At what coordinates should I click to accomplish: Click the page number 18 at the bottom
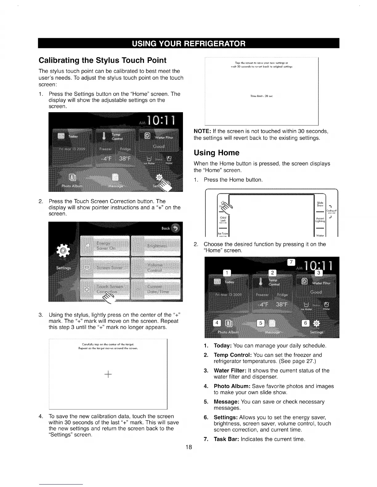pyautogui.click(x=188, y=447)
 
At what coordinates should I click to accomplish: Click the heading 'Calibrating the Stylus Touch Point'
pyautogui.click(x=102, y=60)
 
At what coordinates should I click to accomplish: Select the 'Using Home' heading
pyautogui.click(x=216, y=153)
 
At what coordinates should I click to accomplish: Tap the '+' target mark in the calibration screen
pyautogui.click(x=108, y=374)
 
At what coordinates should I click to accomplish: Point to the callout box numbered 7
pyautogui.click(x=291, y=262)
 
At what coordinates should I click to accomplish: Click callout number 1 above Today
pyautogui.click(x=227, y=273)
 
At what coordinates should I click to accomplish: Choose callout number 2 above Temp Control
pyautogui.click(x=273, y=273)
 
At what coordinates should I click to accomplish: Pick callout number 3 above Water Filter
pyautogui.click(x=319, y=273)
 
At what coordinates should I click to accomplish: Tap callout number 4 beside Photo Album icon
pyautogui.click(x=217, y=323)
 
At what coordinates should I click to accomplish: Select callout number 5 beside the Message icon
pyautogui.click(x=261, y=323)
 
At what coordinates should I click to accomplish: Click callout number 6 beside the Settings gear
pyautogui.click(x=306, y=323)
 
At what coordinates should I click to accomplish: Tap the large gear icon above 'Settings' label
pyautogui.click(x=64, y=251)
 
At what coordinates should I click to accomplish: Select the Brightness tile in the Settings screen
pyautogui.click(x=156, y=246)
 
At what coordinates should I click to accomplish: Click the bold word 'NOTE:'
pyautogui.click(x=201, y=132)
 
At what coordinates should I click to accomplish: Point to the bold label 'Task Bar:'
pyautogui.click(x=226, y=439)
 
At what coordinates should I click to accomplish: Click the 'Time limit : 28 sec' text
pyautogui.click(x=261, y=96)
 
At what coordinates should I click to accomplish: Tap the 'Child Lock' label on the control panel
pyautogui.click(x=223, y=219)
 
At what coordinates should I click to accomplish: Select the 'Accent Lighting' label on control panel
pyautogui.click(x=320, y=220)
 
